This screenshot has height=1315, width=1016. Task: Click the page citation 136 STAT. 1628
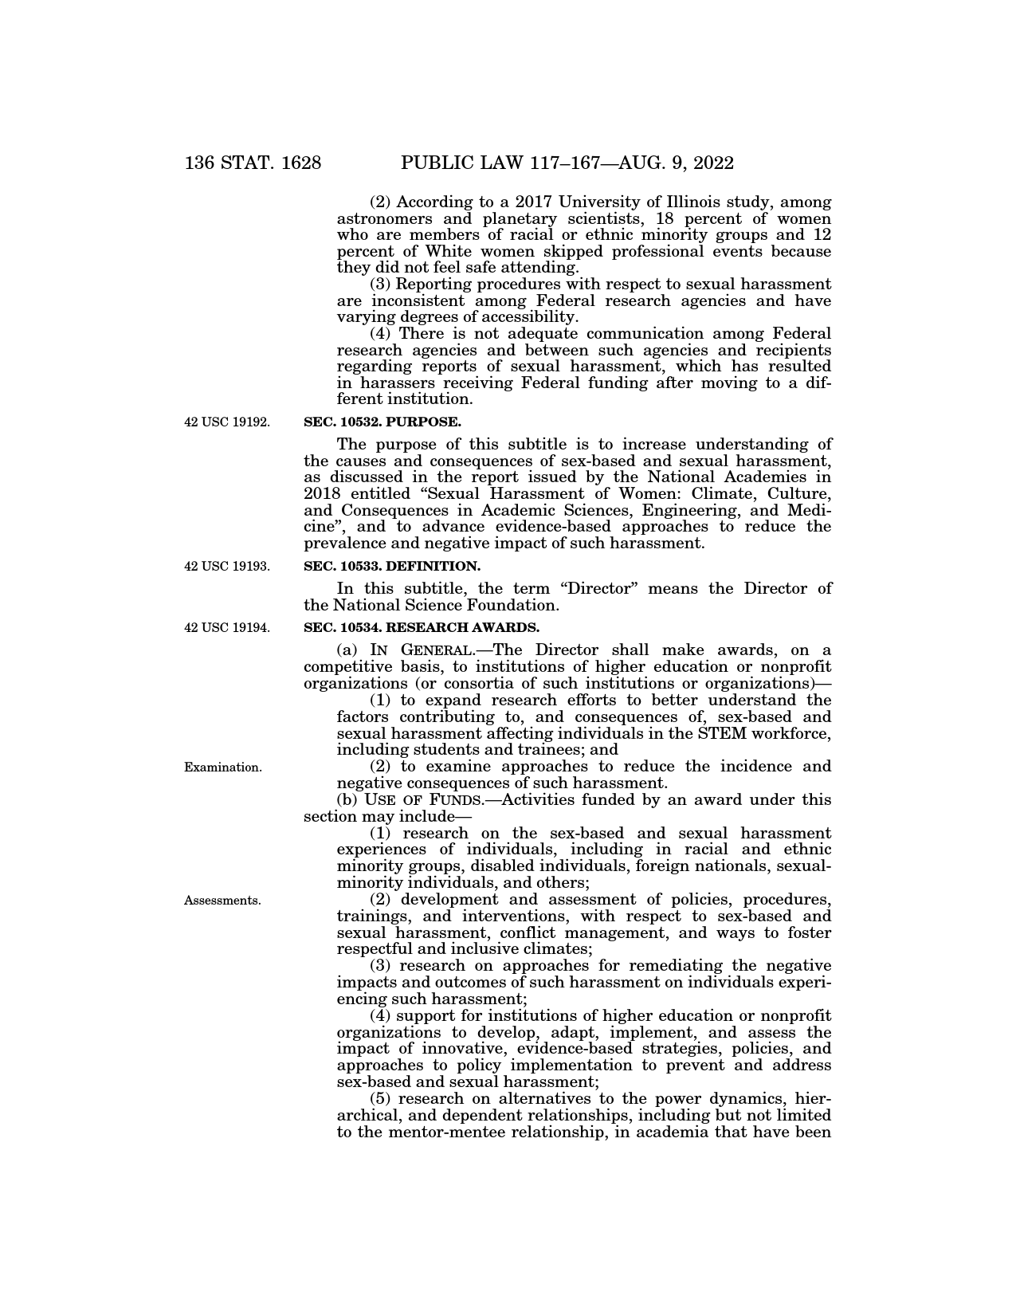[253, 163]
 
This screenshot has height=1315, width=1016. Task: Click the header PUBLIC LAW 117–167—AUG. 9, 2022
[567, 163]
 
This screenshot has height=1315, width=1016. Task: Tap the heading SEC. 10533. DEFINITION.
[392, 567]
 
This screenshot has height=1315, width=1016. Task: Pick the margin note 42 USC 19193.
[227, 567]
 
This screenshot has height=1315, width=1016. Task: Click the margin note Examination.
[223, 767]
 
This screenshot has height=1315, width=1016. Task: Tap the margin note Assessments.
[222, 901]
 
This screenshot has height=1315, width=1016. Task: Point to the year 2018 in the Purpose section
[324, 494]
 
